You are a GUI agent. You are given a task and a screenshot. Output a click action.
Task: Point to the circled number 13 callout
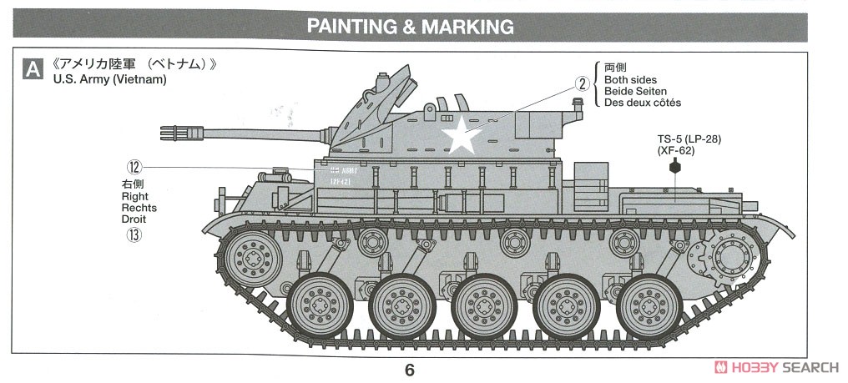(x=133, y=234)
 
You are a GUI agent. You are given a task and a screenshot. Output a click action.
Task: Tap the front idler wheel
(x=248, y=254)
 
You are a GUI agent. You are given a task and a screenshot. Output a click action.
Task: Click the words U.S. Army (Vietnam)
(x=109, y=80)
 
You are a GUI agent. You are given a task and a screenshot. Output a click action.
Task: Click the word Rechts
(x=139, y=208)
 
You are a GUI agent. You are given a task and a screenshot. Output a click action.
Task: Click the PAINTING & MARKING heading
(x=411, y=26)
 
